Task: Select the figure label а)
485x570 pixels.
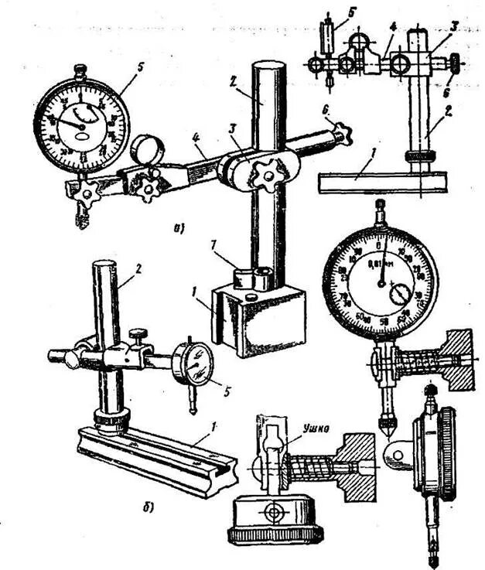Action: click(178, 227)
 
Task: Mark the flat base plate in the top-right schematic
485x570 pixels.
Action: click(382, 183)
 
